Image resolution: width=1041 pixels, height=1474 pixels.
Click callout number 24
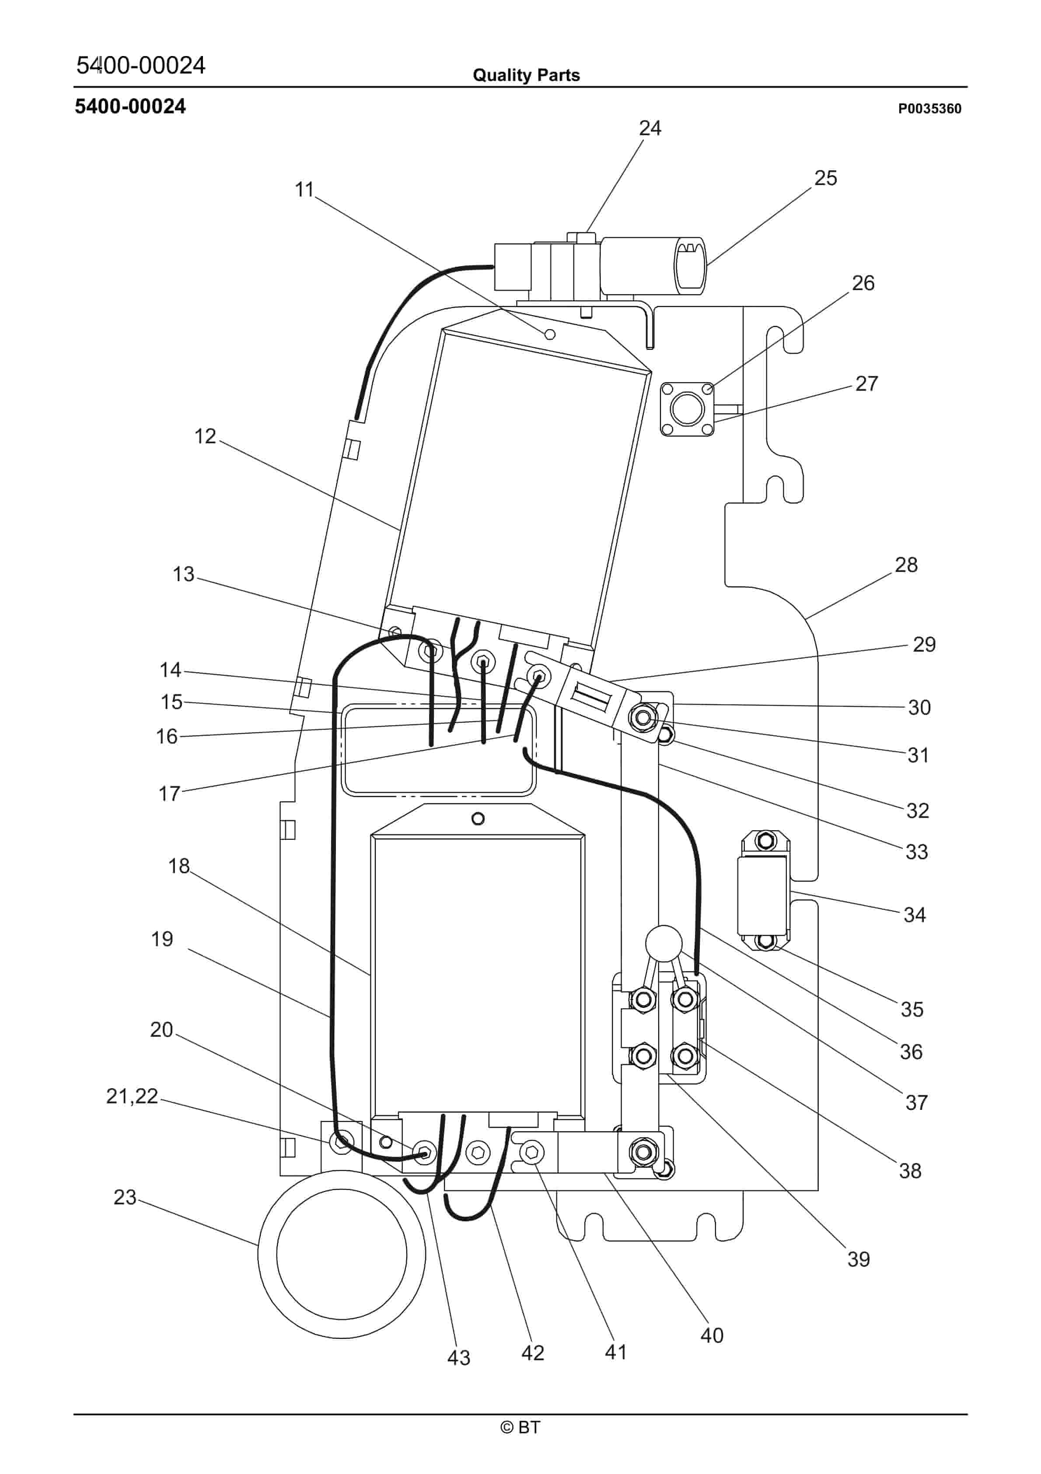coord(650,128)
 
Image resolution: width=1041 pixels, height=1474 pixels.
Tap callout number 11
coord(304,190)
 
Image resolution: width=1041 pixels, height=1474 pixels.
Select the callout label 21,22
coord(132,1096)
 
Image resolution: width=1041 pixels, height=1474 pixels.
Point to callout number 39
coord(858,1259)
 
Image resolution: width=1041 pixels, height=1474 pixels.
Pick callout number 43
coord(458,1357)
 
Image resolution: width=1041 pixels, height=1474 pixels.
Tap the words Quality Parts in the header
coord(526,75)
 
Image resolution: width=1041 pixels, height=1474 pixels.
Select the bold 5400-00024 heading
coord(130,107)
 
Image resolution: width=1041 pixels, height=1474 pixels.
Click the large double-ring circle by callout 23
coord(342,1254)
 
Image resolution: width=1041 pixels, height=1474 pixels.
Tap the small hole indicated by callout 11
coord(549,334)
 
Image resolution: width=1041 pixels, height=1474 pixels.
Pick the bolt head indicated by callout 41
coord(531,1152)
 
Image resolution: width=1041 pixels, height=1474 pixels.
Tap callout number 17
coord(169,794)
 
